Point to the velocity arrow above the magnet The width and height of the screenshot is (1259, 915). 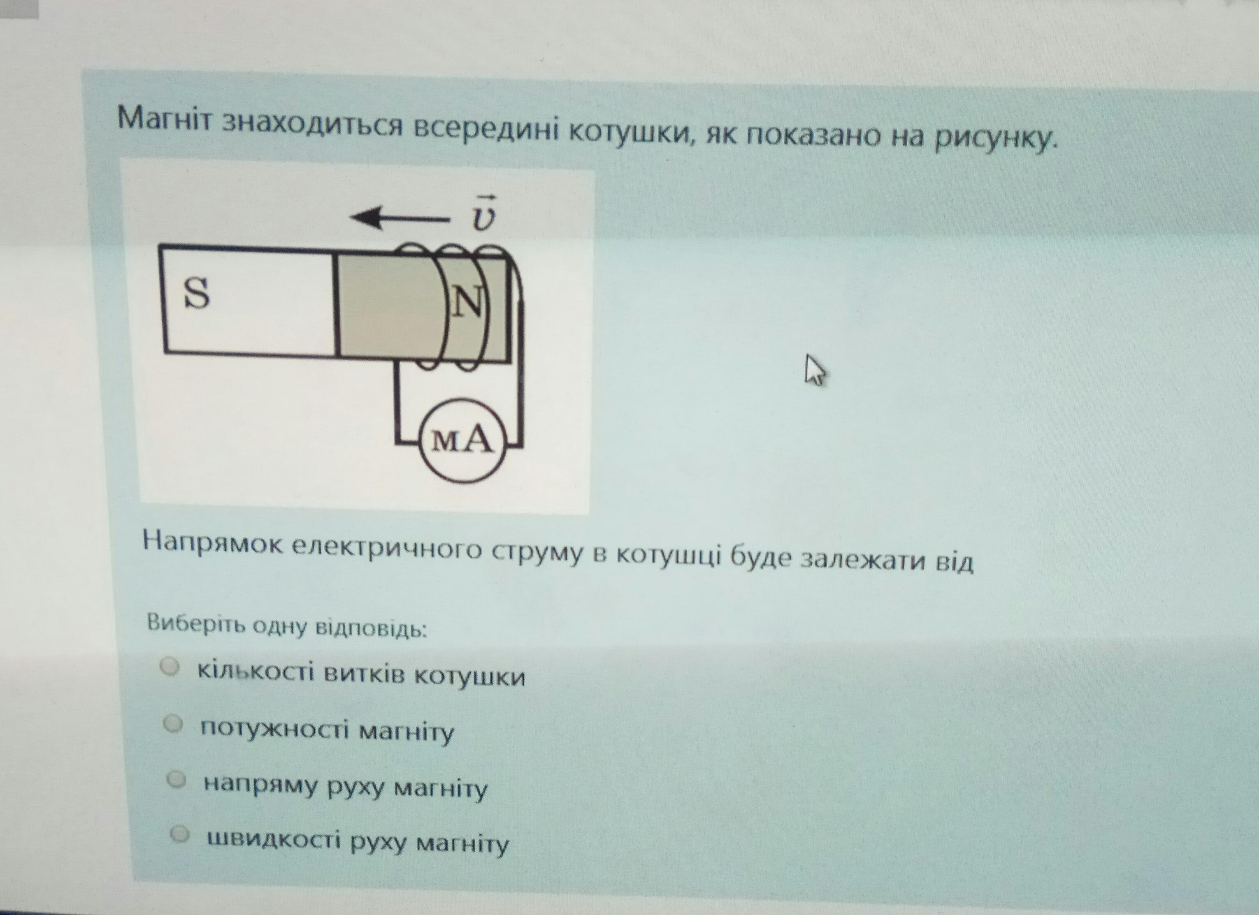(399, 218)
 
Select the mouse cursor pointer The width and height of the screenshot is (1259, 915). (814, 370)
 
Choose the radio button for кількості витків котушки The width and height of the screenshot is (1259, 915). (170, 667)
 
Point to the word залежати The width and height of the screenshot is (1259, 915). (862, 558)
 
